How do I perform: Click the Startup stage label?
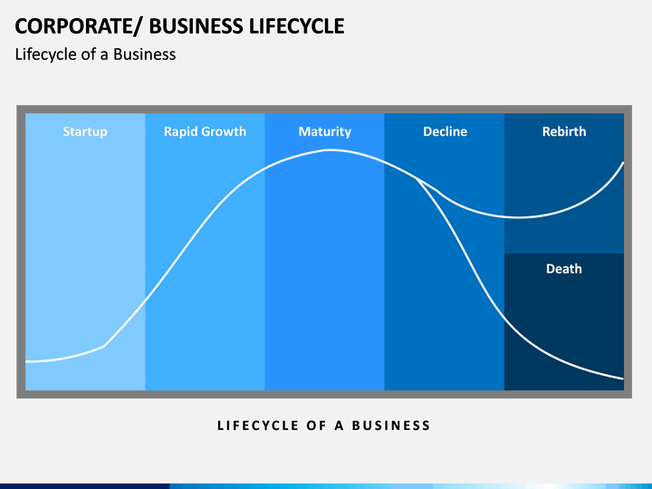tap(85, 131)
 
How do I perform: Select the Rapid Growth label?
tap(205, 131)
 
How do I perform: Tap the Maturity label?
tap(324, 131)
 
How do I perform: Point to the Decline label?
tap(445, 131)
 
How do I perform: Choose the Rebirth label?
tap(563, 131)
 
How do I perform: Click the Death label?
tap(563, 269)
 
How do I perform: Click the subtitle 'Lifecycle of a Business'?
tap(95, 54)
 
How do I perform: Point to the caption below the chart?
tap(324, 425)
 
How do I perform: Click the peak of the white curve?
tap(328, 150)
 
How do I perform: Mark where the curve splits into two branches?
tap(417, 178)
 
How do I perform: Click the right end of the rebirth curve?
tap(623, 162)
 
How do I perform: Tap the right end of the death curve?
tap(623, 378)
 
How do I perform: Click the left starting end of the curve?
tap(27, 361)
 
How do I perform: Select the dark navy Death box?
tap(563, 326)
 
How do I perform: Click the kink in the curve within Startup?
tap(104, 346)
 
